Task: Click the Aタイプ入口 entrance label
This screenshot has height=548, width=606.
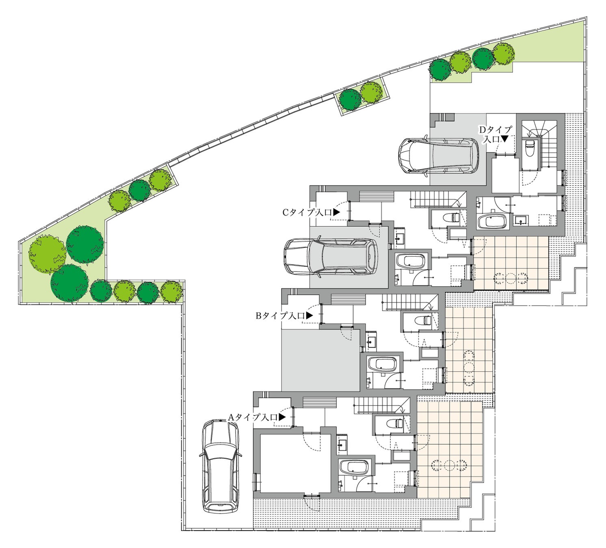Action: tap(256, 418)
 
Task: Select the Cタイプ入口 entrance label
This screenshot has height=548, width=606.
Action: tap(311, 213)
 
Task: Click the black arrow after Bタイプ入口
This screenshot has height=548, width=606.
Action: tap(310, 316)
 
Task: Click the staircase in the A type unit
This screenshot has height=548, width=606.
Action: tap(382, 405)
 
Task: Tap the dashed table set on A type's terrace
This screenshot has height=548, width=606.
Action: tap(448, 465)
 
